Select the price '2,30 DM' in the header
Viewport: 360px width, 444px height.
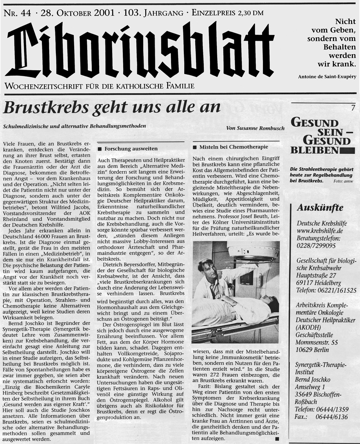point(247,13)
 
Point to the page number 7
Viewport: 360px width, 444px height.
point(353,108)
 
